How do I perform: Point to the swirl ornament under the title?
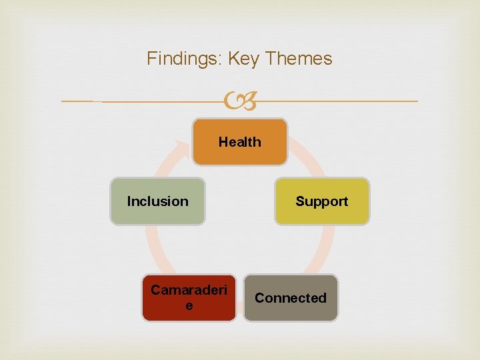tap(240, 101)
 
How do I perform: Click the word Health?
tap(240, 141)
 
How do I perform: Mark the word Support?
tap(322, 201)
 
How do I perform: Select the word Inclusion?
tap(158, 201)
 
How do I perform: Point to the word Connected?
tap(291, 298)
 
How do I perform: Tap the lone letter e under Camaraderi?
tap(189, 306)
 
